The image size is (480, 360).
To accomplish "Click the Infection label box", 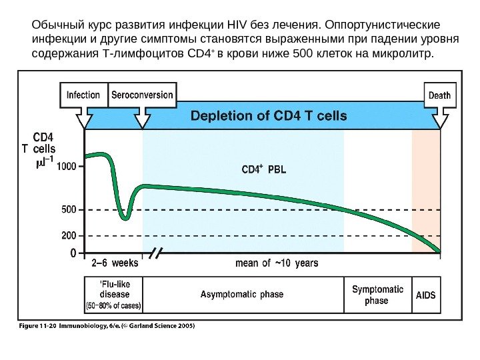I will coord(83,95).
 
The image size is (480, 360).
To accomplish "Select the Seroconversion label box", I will coord(141,95).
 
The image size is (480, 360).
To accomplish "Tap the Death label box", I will coord(439,95).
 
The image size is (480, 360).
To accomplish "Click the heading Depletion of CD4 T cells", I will coord(269,115).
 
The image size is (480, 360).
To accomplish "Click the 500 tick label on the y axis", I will coord(68,209).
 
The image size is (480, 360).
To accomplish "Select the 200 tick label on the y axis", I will coord(68,235).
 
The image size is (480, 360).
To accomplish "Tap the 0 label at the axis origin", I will coord(73,253).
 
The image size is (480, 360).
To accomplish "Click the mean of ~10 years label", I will coord(277,263).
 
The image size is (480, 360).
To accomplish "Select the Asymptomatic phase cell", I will coord(242,294).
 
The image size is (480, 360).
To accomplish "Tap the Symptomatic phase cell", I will coord(377,295).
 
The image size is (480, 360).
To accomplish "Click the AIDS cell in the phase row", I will coord(426,294).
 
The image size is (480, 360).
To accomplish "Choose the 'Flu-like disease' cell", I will coord(113,294).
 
